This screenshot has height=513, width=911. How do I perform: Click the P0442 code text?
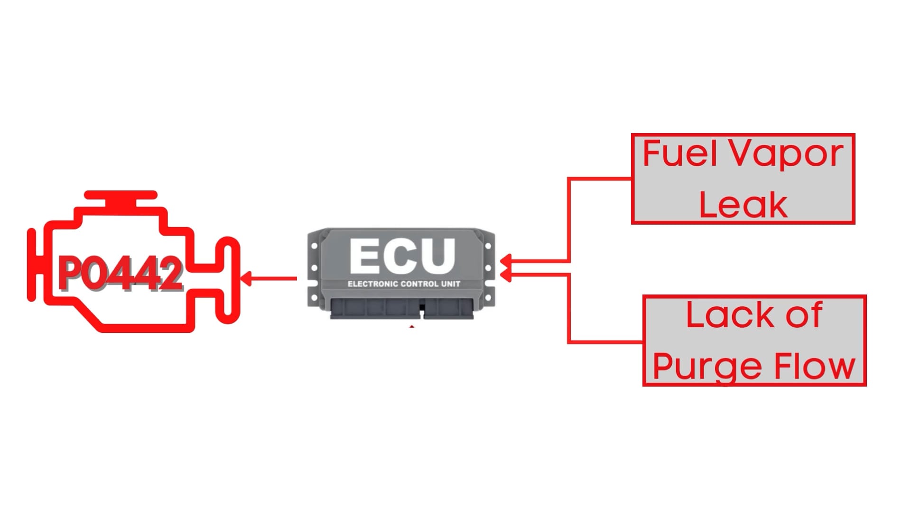click(x=121, y=274)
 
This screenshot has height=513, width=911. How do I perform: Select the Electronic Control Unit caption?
click(x=404, y=284)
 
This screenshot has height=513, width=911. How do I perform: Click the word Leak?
click(x=743, y=205)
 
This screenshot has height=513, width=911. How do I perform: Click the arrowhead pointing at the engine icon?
click(x=246, y=278)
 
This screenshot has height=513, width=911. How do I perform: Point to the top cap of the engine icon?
click(x=121, y=195)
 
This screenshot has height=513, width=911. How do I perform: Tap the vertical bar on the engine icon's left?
click(x=32, y=265)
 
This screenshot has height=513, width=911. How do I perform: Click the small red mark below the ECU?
click(x=412, y=327)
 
